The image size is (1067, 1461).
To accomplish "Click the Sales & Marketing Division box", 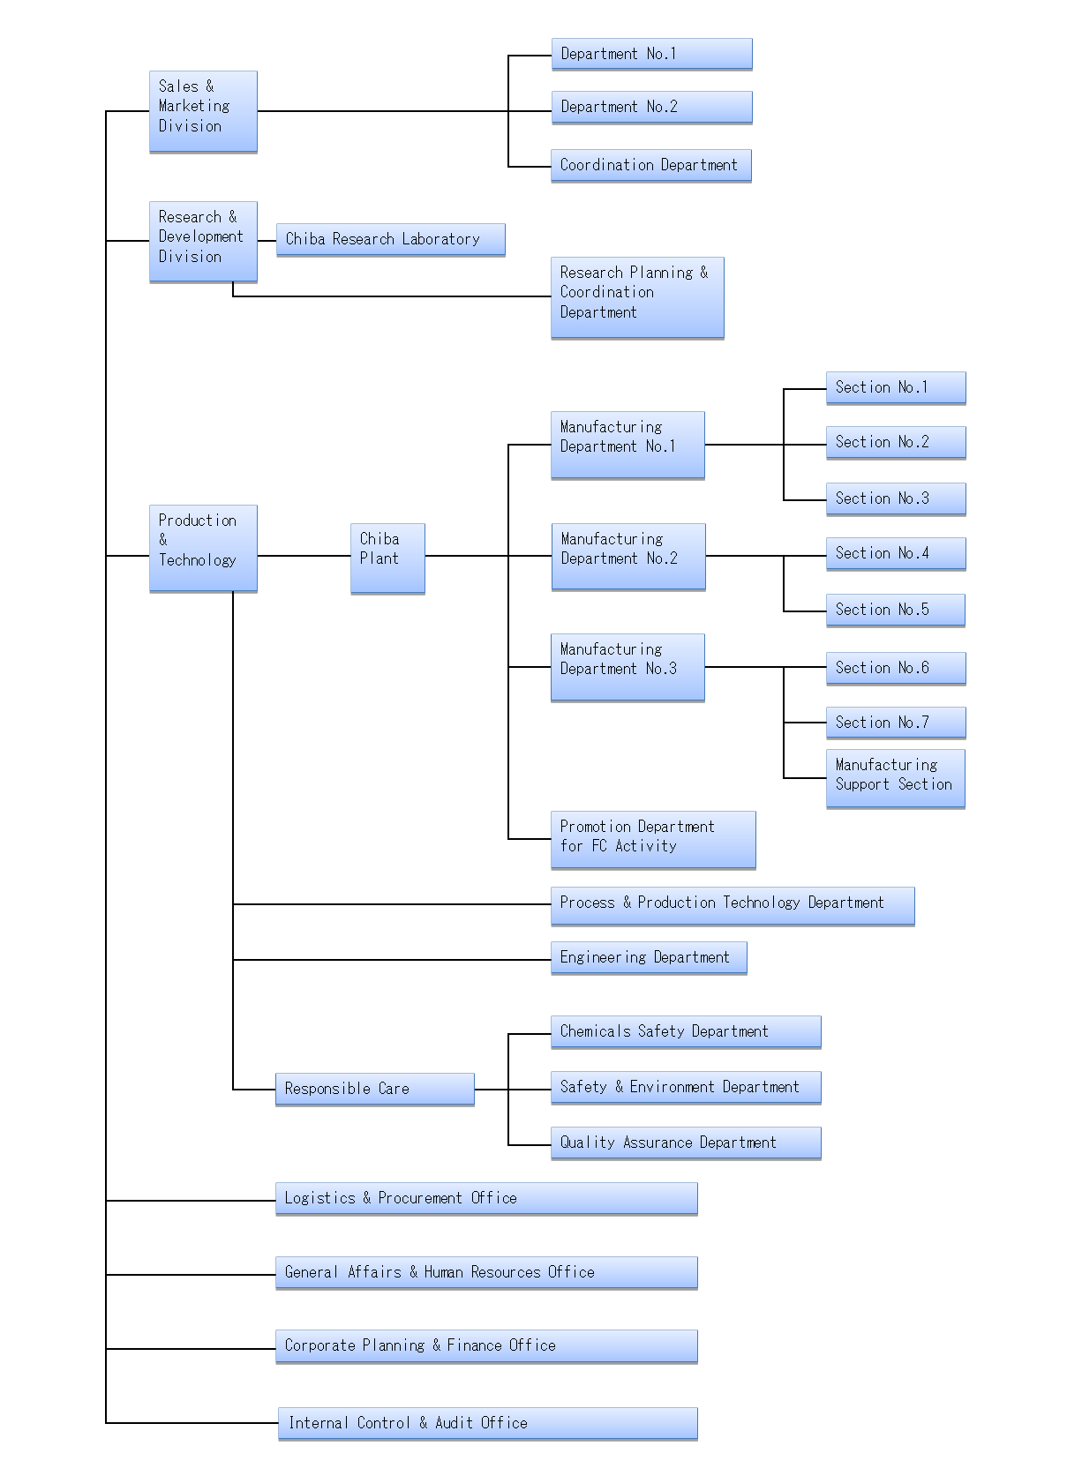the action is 203,111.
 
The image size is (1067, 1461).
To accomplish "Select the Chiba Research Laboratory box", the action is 390,239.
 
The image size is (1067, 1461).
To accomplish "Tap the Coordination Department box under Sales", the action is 650,166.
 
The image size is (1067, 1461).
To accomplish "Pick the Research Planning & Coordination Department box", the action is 637,297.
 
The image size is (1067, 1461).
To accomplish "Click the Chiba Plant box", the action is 387,558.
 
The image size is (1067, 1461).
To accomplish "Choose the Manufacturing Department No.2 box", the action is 627,557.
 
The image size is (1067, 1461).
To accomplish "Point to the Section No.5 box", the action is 896,610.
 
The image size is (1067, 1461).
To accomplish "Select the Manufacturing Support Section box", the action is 896,778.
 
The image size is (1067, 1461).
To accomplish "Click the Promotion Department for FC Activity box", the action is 652,839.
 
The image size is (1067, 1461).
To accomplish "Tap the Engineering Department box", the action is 649,957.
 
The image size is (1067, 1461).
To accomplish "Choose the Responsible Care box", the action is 374,1090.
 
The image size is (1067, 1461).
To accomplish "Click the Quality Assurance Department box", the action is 686,1143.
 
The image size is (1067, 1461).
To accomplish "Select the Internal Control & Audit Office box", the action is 487,1423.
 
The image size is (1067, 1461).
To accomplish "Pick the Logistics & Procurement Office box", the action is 486,1198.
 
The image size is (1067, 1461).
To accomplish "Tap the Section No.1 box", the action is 896,388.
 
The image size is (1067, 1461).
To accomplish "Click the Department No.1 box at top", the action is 651,54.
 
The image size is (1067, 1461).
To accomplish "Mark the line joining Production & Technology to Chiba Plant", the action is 304,556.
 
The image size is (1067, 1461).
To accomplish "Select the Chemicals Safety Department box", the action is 686,1032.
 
